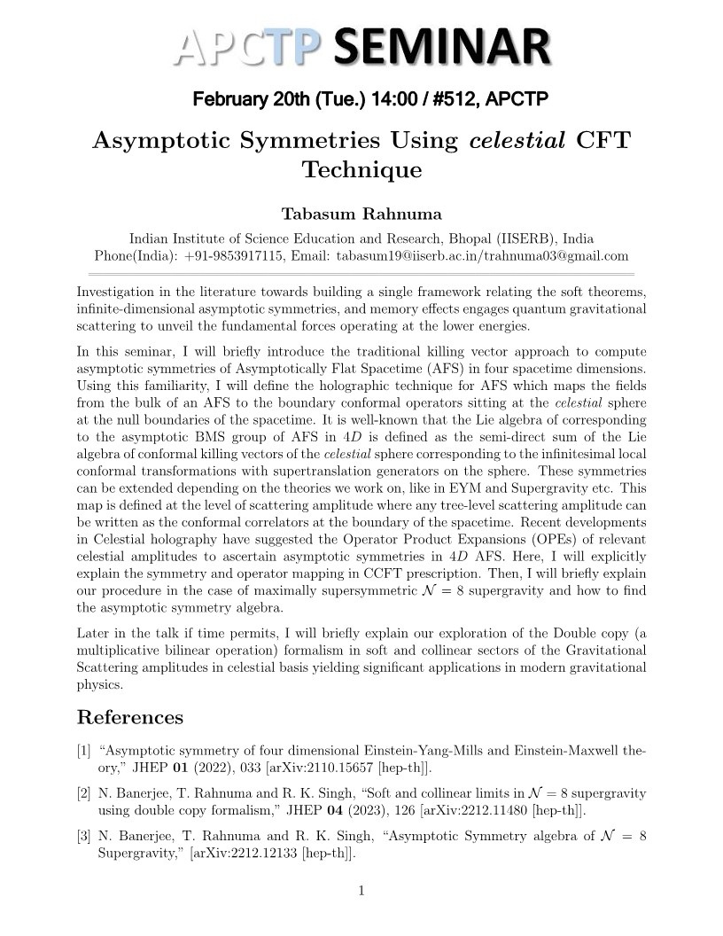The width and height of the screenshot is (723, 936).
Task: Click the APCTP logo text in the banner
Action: tap(247, 45)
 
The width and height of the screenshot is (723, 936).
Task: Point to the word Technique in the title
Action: tap(361, 169)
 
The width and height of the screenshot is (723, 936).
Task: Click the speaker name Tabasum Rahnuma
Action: tap(361, 214)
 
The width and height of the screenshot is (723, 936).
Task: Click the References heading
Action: tap(130, 717)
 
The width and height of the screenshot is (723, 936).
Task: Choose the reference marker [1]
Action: tap(84, 751)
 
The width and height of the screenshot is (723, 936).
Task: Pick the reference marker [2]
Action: tap(84, 792)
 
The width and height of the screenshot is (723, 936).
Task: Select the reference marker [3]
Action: tap(84, 836)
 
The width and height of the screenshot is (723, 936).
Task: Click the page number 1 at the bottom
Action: tap(361, 891)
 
